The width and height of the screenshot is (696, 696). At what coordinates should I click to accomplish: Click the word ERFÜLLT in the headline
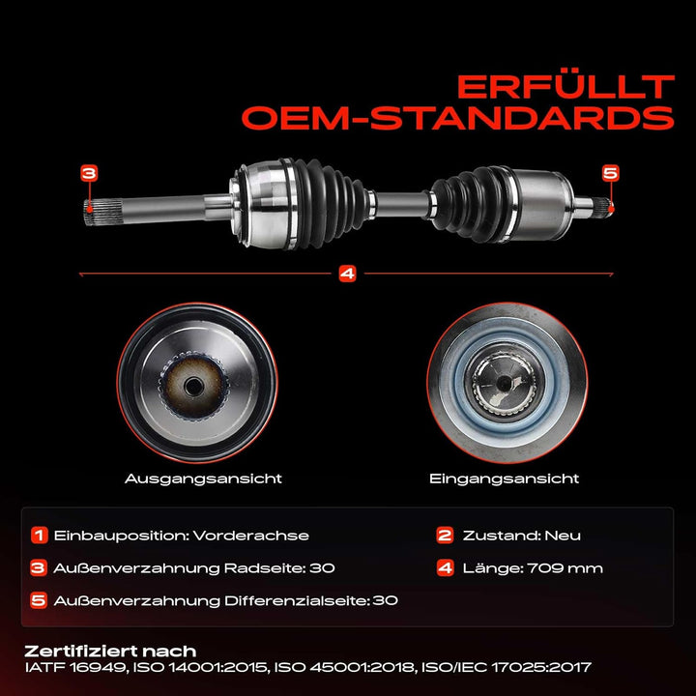coord(565,87)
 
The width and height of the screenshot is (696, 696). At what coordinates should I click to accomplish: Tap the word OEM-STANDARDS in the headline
coord(458,118)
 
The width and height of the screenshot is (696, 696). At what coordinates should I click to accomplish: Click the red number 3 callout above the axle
coord(89,173)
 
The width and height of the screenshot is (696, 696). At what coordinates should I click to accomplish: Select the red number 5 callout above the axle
coord(610,173)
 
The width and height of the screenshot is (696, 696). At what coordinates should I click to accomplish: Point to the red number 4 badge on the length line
coord(347,274)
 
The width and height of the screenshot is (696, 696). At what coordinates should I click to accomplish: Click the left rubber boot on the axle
coord(331,203)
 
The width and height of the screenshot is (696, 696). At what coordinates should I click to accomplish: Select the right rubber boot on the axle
coord(473,204)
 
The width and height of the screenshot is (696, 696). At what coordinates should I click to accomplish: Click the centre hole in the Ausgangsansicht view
coord(193,386)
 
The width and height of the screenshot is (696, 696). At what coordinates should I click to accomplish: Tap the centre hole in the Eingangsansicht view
coord(504,383)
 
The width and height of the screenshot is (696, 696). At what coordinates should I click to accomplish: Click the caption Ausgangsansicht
coord(203,478)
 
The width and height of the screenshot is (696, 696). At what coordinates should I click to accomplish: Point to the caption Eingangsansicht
coord(505,478)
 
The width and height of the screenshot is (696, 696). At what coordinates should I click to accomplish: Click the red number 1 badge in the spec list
coord(39,535)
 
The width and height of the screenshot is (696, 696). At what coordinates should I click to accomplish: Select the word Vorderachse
coord(250,536)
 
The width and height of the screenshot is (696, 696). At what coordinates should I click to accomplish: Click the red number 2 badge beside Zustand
coord(445,535)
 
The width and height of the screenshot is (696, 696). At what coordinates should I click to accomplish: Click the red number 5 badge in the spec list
coord(38,600)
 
